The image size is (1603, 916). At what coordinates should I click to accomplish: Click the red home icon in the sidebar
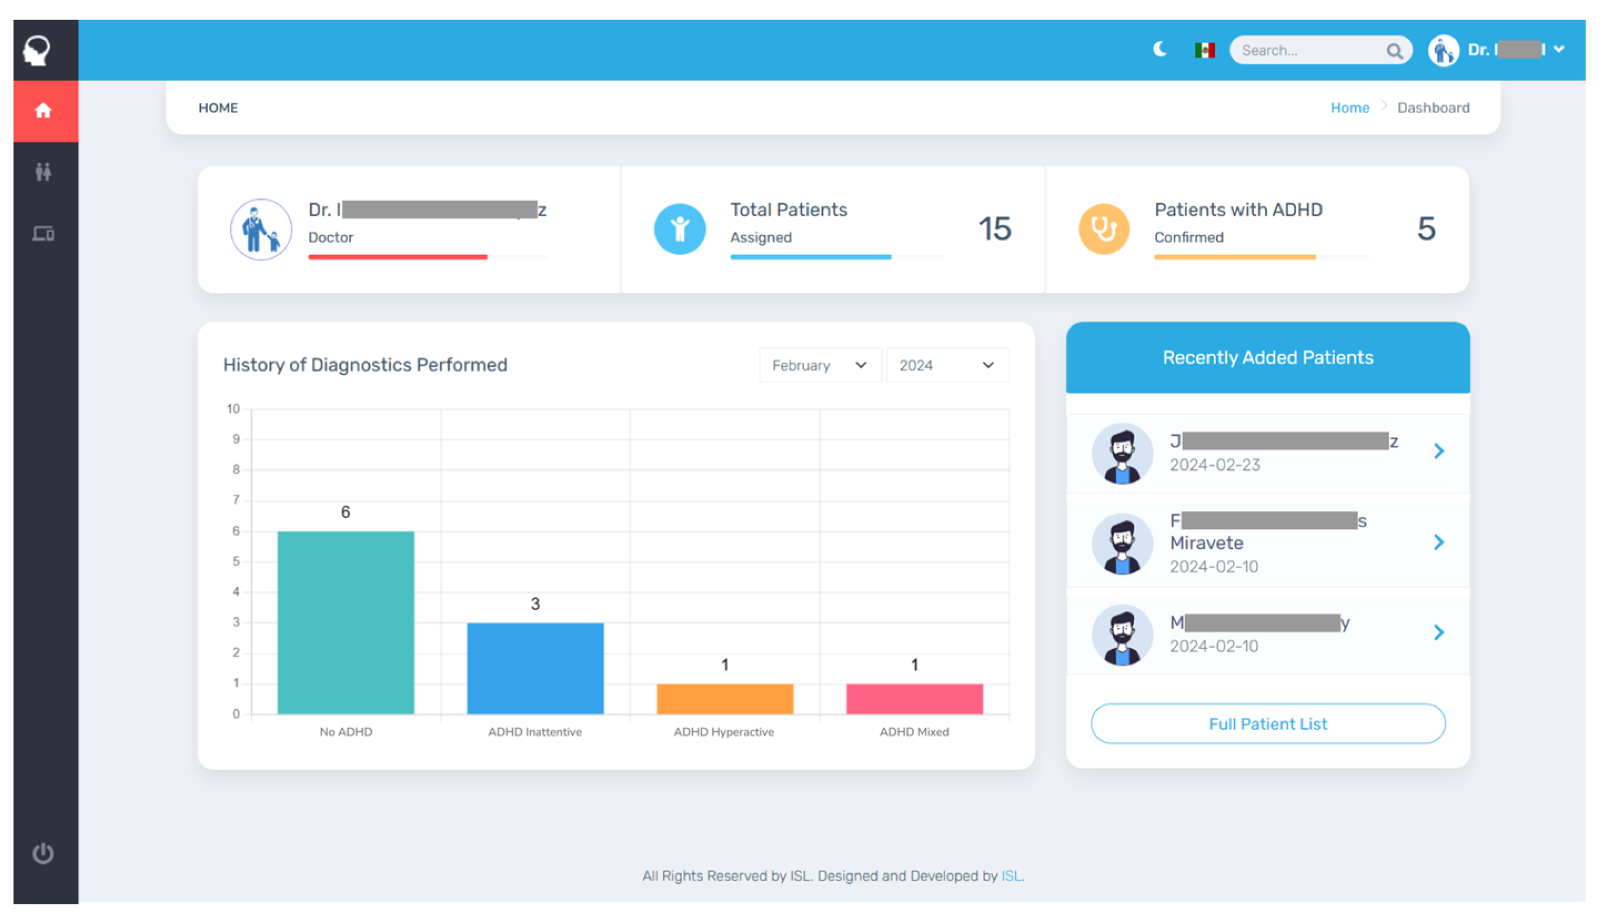point(43,111)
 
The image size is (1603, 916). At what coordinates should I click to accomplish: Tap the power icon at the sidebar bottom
point(43,853)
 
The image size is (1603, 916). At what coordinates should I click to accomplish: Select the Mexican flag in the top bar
point(1204,50)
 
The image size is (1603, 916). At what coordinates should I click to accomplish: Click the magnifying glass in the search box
point(1394,51)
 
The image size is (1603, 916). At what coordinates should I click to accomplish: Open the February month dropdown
point(819,366)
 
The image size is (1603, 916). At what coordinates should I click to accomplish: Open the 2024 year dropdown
point(946,366)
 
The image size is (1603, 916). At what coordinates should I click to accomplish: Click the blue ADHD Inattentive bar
point(535,668)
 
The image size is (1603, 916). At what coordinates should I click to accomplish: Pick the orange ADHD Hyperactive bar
point(724,699)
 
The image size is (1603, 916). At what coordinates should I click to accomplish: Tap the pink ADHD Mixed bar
point(914,699)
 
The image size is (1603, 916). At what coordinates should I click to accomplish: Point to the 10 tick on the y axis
point(234,409)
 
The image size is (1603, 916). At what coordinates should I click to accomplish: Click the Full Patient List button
point(1268,723)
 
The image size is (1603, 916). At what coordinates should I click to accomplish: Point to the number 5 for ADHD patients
point(1426,229)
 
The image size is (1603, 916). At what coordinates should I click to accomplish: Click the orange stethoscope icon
point(1103,229)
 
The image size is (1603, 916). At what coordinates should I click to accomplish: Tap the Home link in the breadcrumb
point(1349,108)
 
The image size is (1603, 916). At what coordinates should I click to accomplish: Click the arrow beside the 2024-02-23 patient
point(1438,451)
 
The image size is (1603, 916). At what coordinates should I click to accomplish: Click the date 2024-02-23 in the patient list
point(1214,465)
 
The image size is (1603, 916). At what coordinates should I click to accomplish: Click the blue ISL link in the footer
point(1011,875)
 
